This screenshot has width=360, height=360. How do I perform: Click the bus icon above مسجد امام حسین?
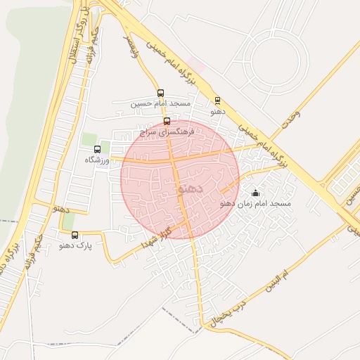161,93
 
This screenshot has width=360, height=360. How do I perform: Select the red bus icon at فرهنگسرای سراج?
167,121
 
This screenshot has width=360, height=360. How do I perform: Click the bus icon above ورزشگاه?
97,149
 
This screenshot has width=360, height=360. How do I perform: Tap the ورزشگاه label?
98,160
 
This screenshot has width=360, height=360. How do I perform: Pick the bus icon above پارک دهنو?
75,236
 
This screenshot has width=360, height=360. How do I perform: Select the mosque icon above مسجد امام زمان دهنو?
255,193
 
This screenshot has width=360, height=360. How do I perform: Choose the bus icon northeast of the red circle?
217,101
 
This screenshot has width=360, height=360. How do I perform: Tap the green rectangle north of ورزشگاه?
89,139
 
